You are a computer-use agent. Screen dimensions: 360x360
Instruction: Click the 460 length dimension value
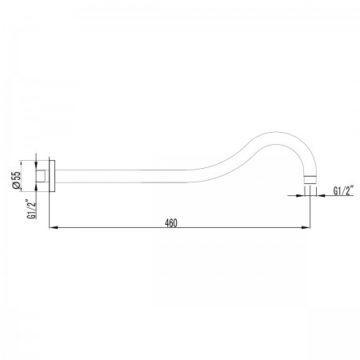(171, 223)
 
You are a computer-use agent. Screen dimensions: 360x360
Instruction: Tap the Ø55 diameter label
(17, 180)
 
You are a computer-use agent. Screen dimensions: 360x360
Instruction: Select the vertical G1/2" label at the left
(31, 209)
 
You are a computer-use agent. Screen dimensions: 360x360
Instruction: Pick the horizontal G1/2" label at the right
(343, 190)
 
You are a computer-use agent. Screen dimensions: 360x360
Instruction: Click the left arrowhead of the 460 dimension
(54, 227)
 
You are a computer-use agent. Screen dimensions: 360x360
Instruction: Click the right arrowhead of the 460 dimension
(306, 227)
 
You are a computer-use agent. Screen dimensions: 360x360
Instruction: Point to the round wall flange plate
(52, 176)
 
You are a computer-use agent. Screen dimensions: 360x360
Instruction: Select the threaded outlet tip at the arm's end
(310, 180)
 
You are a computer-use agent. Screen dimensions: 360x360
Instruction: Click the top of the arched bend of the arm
(278, 132)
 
